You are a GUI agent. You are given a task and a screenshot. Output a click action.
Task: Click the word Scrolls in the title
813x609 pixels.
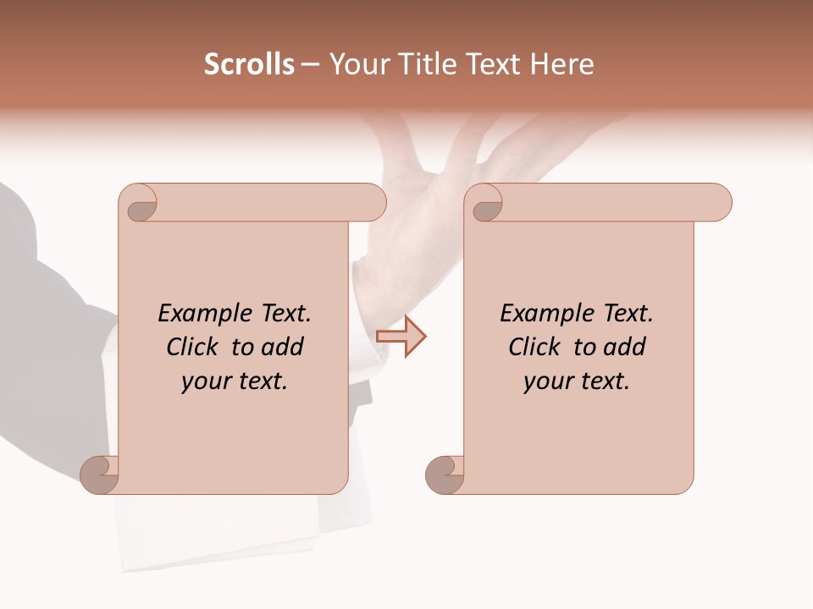coord(249,64)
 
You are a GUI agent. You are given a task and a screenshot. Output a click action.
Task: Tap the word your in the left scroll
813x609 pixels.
coord(206,381)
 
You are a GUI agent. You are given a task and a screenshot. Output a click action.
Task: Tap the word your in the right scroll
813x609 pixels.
coord(548,381)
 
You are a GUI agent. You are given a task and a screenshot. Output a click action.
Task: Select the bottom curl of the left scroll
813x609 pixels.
coord(100,475)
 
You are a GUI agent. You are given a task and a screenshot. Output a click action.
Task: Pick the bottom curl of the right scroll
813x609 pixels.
coord(445,475)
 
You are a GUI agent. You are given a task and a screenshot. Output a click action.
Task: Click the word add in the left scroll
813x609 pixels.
coord(282,347)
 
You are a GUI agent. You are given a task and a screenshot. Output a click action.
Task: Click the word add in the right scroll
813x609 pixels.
coord(624,347)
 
